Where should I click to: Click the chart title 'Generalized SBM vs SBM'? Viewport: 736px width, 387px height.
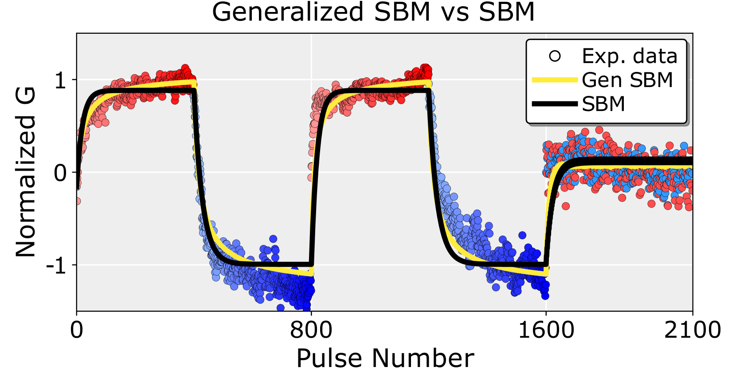[x=373, y=12]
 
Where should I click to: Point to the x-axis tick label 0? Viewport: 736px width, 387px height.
[x=77, y=331]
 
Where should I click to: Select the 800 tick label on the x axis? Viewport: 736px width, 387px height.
[x=311, y=331]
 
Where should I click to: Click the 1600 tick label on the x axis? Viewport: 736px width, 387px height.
[x=546, y=331]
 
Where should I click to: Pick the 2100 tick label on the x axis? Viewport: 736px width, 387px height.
[x=692, y=331]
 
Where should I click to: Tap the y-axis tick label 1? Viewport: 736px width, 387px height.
[x=60, y=80]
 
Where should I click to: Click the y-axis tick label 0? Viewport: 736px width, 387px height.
[x=60, y=173]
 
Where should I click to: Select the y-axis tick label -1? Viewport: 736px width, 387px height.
[x=56, y=265]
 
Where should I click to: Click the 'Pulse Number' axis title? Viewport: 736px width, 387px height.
[x=385, y=359]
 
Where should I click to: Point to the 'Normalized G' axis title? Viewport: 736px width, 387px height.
[x=26, y=172]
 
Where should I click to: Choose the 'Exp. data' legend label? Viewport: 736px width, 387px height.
[x=630, y=56]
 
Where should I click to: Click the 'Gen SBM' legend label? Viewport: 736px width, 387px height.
[x=627, y=80]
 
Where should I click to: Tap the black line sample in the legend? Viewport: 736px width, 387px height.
[x=555, y=104]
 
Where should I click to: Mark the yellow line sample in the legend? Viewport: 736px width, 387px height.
[x=555, y=80]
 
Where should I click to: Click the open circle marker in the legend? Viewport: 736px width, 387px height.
[x=555, y=56]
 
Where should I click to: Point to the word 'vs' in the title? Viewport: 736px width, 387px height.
[x=455, y=12]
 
